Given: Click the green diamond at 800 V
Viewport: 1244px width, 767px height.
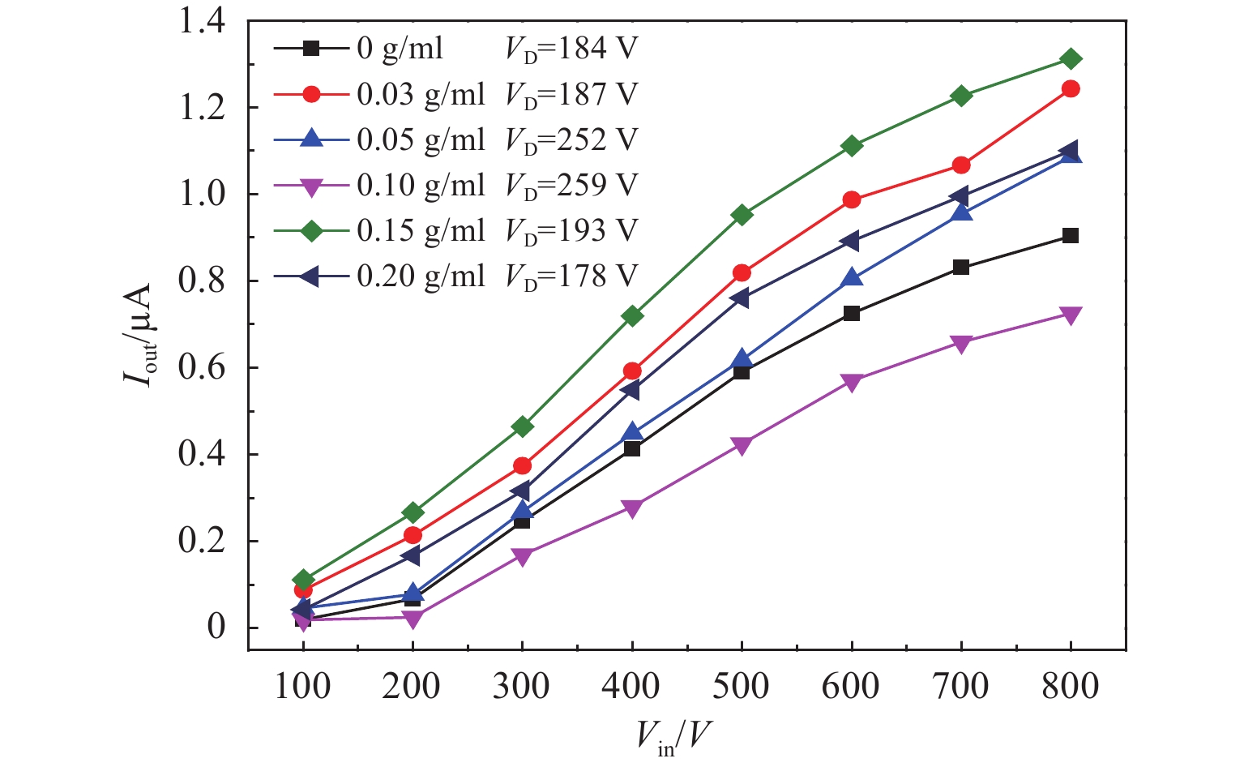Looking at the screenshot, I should click(1070, 58).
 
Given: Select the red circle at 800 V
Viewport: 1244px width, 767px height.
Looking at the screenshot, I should click(1070, 88).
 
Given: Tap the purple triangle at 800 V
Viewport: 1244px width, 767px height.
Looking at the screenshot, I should click(1070, 315).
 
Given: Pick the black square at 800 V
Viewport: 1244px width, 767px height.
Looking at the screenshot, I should click(1070, 236).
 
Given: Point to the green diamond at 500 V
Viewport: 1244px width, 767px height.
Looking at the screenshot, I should click(742, 215).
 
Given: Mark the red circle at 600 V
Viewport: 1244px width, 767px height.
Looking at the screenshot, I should click(851, 199).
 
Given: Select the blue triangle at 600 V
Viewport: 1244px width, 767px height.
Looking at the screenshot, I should click(851, 278).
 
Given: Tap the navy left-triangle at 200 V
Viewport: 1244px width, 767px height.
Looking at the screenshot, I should click(412, 556).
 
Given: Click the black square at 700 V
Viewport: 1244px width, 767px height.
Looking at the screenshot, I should click(960, 268).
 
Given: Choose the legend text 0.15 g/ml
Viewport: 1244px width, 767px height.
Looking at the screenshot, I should click(421, 231).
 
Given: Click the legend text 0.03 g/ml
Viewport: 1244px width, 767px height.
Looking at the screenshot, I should click(421, 95).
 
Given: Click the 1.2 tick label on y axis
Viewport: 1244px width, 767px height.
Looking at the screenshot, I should click(202, 108).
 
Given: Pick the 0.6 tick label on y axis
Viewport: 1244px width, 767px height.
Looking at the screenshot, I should click(202, 368).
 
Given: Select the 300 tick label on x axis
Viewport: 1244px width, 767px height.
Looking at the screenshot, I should click(521, 687).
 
